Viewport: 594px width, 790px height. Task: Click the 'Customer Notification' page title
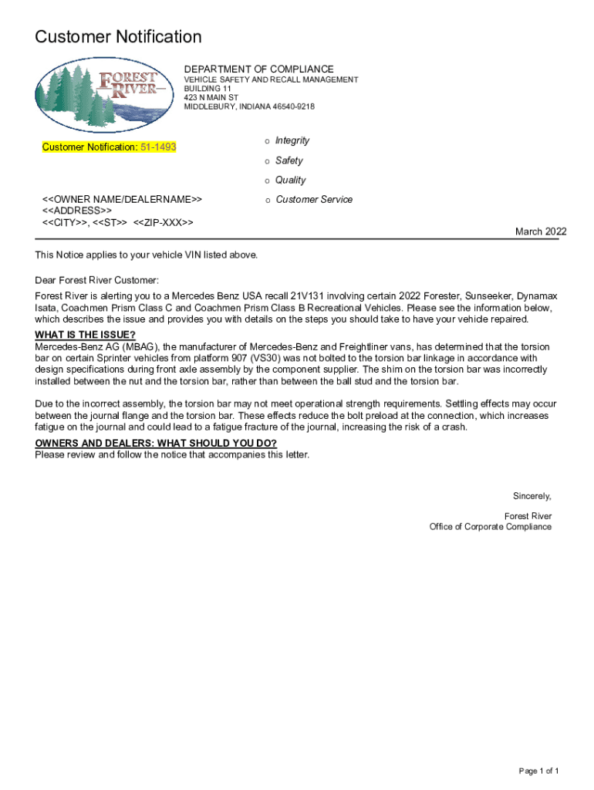pyautogui.click(x=119, y=37)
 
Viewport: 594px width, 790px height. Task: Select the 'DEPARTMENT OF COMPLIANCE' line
pyautogui.click(x=258, y=69)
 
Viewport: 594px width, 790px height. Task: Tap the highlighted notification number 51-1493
pyautogui.click(x=157, y=147)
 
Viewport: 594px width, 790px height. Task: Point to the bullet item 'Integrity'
pyautogui.click(x=292, y=140)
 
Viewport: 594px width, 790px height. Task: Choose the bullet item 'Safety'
pyautogui.click(x=289, y=160)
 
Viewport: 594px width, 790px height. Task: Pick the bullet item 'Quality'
pyautogui.click(x=291, y=180)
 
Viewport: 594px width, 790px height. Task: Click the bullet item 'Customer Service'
pyautogui.click(x=314, y=199)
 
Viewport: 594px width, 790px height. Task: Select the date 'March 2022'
pyautogui.click(x=541, y=231)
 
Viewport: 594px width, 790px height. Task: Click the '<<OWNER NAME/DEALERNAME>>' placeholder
pyautogui.click(x=122, y=199)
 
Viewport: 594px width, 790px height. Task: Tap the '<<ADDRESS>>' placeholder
pyautogui.click(x=76, y=211)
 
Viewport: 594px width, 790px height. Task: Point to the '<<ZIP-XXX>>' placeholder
pyautogui.click(x=163, y=222)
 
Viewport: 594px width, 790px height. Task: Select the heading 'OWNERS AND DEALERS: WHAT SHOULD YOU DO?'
pyautogui.click(x=156, y=443)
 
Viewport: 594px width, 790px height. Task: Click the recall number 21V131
pyautogui.click(x=306, y=296)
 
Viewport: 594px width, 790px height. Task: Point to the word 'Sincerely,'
pyautogui.click(x=532, y=495)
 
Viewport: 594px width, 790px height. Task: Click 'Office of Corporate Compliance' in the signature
pyautogui.click(x=491, y=527)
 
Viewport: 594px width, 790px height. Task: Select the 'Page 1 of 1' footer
pyautogui.click(x=538, y=771)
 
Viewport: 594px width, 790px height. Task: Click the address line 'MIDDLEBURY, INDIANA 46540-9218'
pyautogui.click(x=249, y=107)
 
